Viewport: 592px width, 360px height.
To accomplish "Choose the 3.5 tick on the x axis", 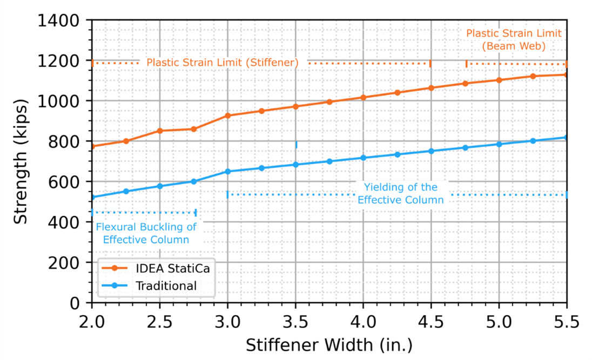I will tap(295, 323).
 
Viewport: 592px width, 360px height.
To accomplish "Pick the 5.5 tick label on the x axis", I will tap(567, 323).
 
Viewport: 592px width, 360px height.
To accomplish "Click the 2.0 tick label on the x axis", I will tap(92, 323).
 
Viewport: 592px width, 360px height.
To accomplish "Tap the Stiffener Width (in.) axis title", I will tap(329, 344).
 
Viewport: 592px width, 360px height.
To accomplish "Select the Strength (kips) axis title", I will tap(20, 162).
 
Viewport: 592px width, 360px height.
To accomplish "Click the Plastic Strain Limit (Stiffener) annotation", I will tap(223, 63).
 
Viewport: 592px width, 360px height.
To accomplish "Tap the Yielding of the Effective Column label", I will tap(400, 193).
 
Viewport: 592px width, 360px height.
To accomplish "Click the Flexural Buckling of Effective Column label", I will tap(146, 233).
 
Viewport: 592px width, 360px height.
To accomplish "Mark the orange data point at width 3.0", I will tap(227, 116).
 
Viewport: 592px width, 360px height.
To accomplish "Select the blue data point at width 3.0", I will tap(227, 172).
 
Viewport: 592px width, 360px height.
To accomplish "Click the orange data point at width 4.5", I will tap(431, 87).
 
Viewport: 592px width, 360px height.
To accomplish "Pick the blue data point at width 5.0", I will tap(499, 144).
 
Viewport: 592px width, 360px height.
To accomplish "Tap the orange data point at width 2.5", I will tap(160, 131).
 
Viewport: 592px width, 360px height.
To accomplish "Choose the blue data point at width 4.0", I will tap(363, 158).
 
